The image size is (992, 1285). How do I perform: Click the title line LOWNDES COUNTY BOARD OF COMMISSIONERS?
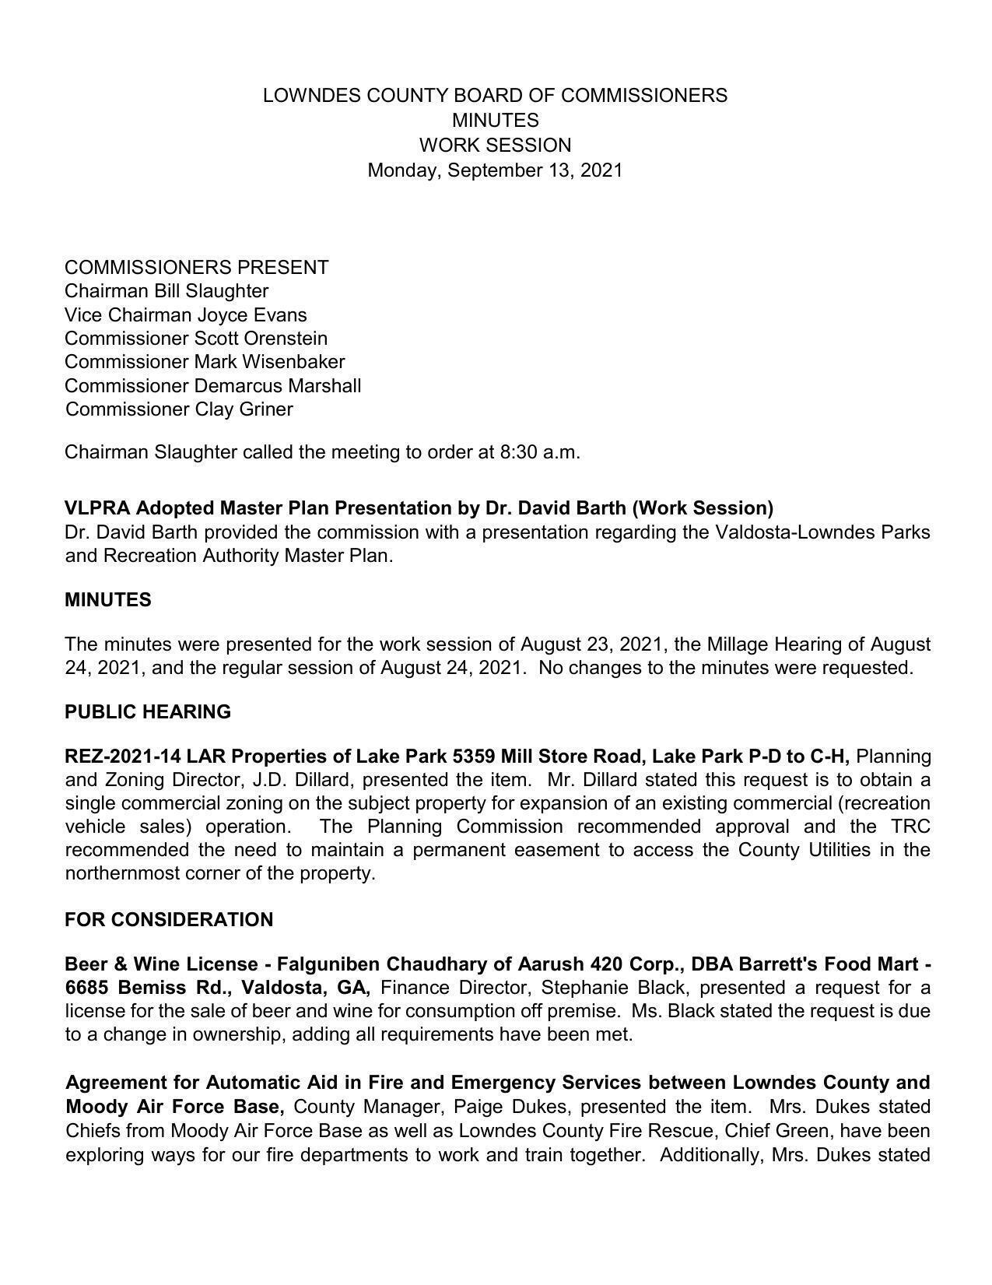[495, 96]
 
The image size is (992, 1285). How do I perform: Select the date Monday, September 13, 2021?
[495, 170]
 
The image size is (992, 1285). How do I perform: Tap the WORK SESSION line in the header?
[495, 146]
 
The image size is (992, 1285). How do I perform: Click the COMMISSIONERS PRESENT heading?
[196, 268]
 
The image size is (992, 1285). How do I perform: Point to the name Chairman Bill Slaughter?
[167, 291]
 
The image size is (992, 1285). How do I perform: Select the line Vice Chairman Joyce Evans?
[185, 315]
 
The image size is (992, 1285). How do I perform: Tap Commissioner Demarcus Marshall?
[212, 386]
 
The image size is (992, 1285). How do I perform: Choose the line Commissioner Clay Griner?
[179, 409]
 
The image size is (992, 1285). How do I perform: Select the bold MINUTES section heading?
[108, 600]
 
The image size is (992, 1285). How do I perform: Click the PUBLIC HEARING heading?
[148, 712]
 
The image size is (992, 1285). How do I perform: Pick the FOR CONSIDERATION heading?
[169, 920]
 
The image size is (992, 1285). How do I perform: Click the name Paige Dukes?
[511, 1107]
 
